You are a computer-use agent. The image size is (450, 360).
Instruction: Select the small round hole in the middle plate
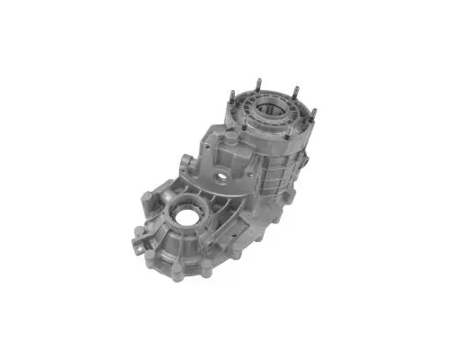click(220, 173)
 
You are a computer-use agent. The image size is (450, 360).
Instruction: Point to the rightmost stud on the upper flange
click(313, 114)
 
